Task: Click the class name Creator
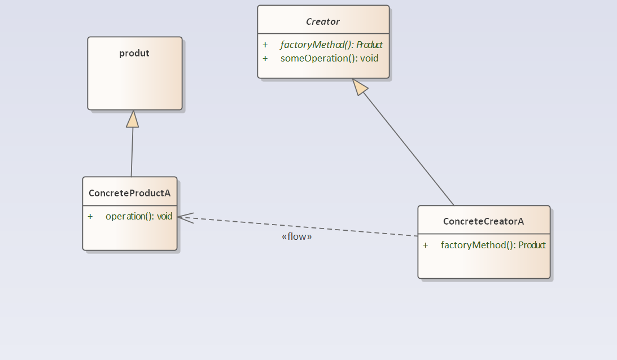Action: [x=323, y=21]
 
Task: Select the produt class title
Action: [x=134, y=53]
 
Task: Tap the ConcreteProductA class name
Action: [x=129, y=193]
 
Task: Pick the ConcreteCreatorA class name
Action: [x=483, y=221]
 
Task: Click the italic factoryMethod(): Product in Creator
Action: [x=331, y=45]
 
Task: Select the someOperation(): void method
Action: [x=329, y=58]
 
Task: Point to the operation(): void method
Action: [x=138, y=216]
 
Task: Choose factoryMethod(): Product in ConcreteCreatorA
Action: [x=493, y=245]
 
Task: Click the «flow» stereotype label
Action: [x=296, y=236]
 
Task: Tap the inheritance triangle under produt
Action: [x=133, y=119]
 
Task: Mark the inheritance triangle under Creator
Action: [x=360, y=86]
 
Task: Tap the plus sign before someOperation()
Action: [x=265, y=58]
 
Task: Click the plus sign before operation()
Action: [x=90, y=216]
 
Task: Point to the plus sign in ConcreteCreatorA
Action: [x=426, y=245]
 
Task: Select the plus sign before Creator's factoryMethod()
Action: [x=265, y=45]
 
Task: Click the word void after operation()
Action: [x=165, y=216]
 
